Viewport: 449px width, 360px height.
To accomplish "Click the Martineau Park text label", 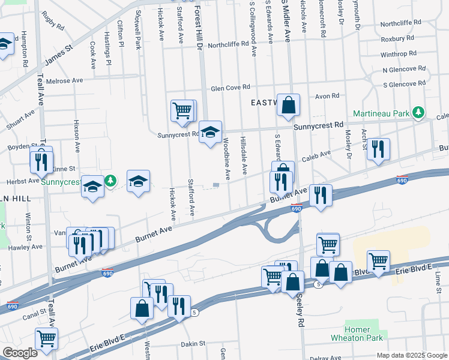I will point(381,113).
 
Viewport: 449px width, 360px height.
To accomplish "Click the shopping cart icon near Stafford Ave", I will point(182,110).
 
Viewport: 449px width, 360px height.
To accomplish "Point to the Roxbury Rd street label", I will point(398,39).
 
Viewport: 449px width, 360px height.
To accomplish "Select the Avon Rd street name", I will point(327,95).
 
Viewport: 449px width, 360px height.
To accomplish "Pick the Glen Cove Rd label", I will point(229,89).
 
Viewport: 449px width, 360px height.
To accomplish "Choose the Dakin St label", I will point(193,344).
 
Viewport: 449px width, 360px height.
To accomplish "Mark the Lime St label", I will point(438,278).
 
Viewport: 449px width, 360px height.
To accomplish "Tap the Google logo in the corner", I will point(19,353).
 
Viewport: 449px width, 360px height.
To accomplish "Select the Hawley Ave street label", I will point(25,247).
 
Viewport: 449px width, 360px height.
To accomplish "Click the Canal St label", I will point(34,312).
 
